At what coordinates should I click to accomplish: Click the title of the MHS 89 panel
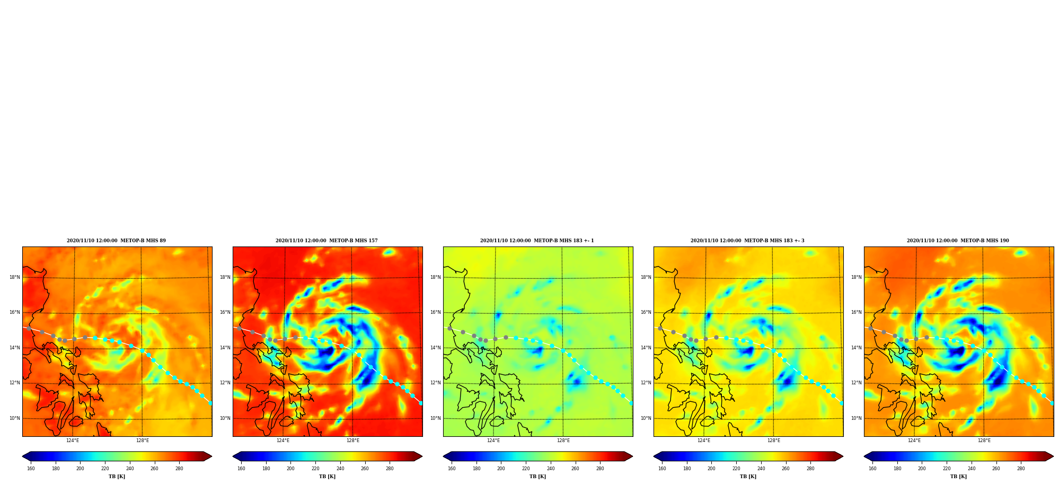tap(116, 241)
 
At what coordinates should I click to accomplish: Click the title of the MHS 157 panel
tap(326, 241)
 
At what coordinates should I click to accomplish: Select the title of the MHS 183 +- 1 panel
tap(537, 241)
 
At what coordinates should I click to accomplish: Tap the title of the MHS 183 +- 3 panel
tap(747, 241)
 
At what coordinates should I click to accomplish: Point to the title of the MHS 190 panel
tap(958, 241)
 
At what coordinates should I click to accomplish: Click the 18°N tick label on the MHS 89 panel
tap(14, 277)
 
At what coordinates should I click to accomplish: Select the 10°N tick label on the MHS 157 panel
tap(225, 418)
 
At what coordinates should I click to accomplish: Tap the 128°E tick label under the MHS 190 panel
tap(984, 441)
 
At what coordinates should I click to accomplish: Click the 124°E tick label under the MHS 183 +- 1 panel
tap(493, 441)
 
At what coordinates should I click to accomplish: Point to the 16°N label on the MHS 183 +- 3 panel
tap(646, 312)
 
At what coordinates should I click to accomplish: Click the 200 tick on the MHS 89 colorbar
tap(80, 469)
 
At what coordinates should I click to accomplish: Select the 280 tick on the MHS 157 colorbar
tap(390, 469)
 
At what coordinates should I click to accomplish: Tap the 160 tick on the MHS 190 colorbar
tap(872, 469)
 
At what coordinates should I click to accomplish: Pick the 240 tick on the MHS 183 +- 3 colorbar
tap(761, 469)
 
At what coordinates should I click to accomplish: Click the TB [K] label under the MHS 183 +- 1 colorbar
tap(537, 477)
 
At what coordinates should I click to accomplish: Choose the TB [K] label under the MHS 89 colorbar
tap(117, 477)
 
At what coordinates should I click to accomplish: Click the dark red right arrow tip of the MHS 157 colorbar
tap(422, 456)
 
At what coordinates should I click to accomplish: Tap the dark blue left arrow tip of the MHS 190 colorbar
tap(864, 456)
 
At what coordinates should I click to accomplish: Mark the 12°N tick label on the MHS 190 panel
tap(856, 383)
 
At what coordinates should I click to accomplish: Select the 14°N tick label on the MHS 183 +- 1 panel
tap(435, 348)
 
